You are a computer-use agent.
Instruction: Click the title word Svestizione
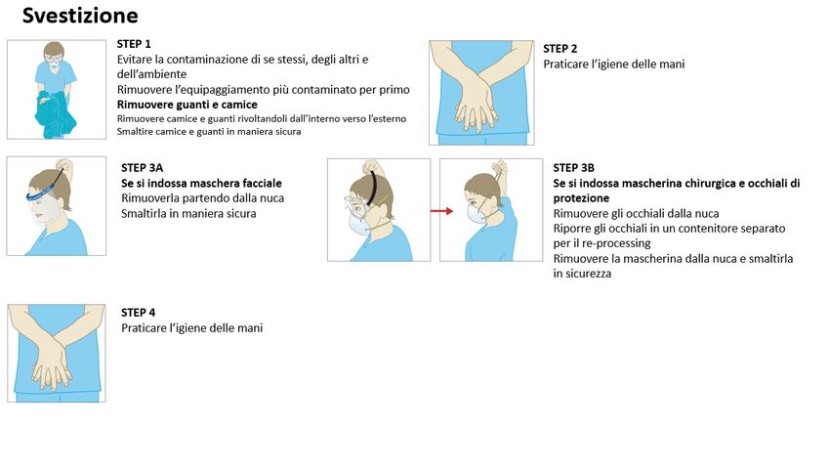coord(80,16)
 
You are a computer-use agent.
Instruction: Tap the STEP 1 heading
coord(134,44)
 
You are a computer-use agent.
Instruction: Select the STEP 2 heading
coord(560,49)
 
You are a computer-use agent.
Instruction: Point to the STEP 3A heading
coord(142,168)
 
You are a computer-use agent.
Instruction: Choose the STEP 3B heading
coord(574,168)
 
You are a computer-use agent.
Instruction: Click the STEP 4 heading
coord(138,313)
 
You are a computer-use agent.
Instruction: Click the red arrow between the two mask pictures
coord(441,211)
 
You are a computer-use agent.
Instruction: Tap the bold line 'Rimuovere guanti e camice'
coord(187,105)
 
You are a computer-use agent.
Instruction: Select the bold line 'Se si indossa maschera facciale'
coord(202,184)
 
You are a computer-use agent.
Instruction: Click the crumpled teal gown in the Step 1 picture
coord(55,114)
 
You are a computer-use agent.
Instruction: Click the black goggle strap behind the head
coord(374,187)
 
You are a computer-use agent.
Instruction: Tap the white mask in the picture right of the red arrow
coord(477,213)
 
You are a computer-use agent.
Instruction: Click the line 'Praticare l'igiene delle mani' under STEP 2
coord(614,64)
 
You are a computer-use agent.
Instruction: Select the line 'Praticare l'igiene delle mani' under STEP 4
coord(192,328)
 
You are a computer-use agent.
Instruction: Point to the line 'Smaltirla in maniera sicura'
coord(189,213)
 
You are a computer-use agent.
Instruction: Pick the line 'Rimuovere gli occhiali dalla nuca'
coord(637,213)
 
